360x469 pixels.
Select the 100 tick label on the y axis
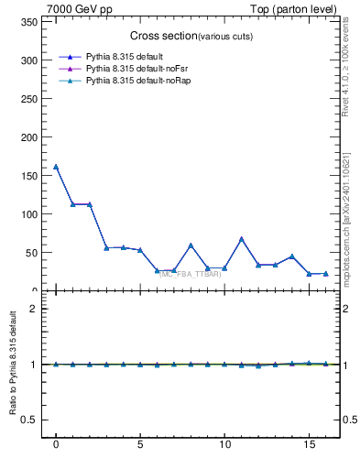(33, 214)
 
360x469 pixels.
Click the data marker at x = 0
(56, 167)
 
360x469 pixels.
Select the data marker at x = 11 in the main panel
(242, 239)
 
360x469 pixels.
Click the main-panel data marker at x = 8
(191, 245)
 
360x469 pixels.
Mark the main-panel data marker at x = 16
(325, 273)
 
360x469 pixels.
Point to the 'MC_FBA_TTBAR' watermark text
(191, 274)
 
